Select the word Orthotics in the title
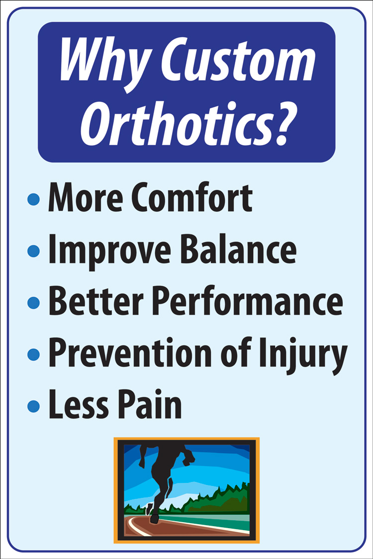coord(173,123)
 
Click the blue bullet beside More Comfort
coord(33,199)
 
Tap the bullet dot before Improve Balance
coord(33,251)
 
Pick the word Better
coord(96,301)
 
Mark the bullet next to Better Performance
coord(33,303)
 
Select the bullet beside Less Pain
coord(33,406)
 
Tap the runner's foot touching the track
coord(154,518)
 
